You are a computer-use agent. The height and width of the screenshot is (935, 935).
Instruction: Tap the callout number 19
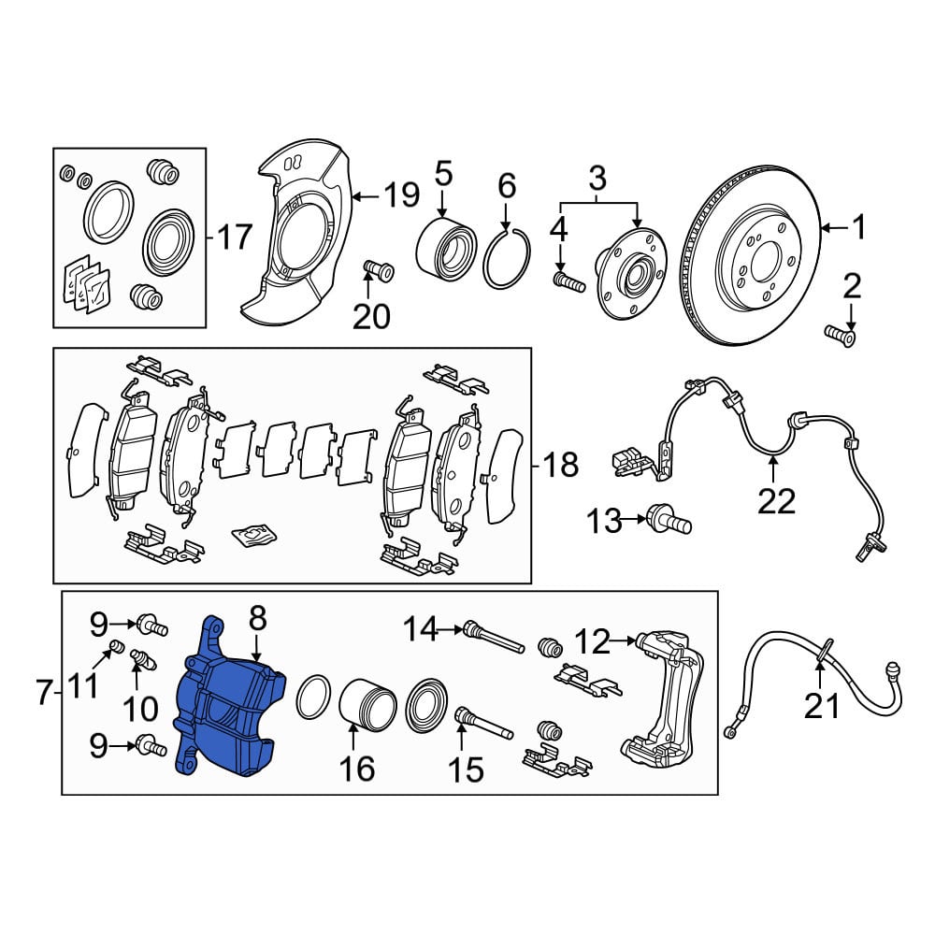[x=401, y=194]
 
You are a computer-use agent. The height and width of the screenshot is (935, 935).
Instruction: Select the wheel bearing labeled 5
[x=445, y=251]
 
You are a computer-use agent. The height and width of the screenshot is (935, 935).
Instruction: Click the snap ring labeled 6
[x=506, y=258]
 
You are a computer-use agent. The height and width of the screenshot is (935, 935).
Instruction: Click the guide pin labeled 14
[x=494, y=638]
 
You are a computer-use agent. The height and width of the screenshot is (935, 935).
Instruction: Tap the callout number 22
[x=776, y=501]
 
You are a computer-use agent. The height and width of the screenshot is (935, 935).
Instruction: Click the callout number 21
[x=821, y=706]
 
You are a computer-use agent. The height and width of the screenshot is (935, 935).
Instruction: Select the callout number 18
[x=560, y=464]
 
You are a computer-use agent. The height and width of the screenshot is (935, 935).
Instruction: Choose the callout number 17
[x=234, y=237]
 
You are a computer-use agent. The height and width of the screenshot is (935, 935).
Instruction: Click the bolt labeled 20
[x=378, y=272]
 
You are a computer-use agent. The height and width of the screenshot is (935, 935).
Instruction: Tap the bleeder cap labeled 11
[x=118, y=646]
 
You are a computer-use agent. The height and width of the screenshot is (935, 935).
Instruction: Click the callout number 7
[x=44, y=693]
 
